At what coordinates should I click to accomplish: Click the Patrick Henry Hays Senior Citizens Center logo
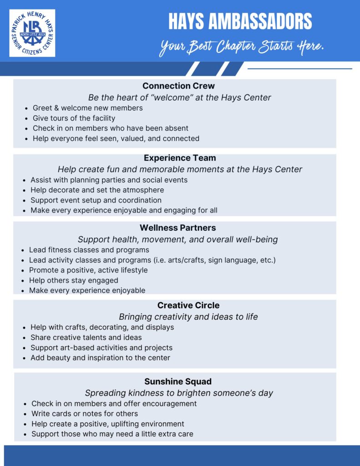click(32, 33)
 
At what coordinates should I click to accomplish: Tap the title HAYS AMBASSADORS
click(240, 21)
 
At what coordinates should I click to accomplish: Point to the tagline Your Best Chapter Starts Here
click(241, 47)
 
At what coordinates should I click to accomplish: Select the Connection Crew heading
click(178, 86)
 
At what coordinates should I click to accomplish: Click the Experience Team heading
click(180, 158)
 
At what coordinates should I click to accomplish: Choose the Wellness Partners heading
click(177, 228)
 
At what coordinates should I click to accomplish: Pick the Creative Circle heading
click(188, 305)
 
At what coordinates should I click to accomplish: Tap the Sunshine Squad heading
click(178, 381)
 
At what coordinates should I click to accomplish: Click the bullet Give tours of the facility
click(74, 118)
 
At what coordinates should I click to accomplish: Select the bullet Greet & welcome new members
click(87, 108)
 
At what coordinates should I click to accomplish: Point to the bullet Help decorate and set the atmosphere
click(97, 190)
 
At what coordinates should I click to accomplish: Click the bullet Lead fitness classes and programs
click(89, 250)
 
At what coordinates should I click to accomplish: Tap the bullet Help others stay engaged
click(73, 280)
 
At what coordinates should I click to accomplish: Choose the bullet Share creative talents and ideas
click(86, 338)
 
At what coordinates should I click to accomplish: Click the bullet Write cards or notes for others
click(85, 414)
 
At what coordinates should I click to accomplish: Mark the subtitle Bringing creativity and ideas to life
click(188, 317)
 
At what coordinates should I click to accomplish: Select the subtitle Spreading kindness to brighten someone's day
click(179, 393)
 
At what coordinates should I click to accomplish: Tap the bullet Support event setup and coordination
click(96, 200)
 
